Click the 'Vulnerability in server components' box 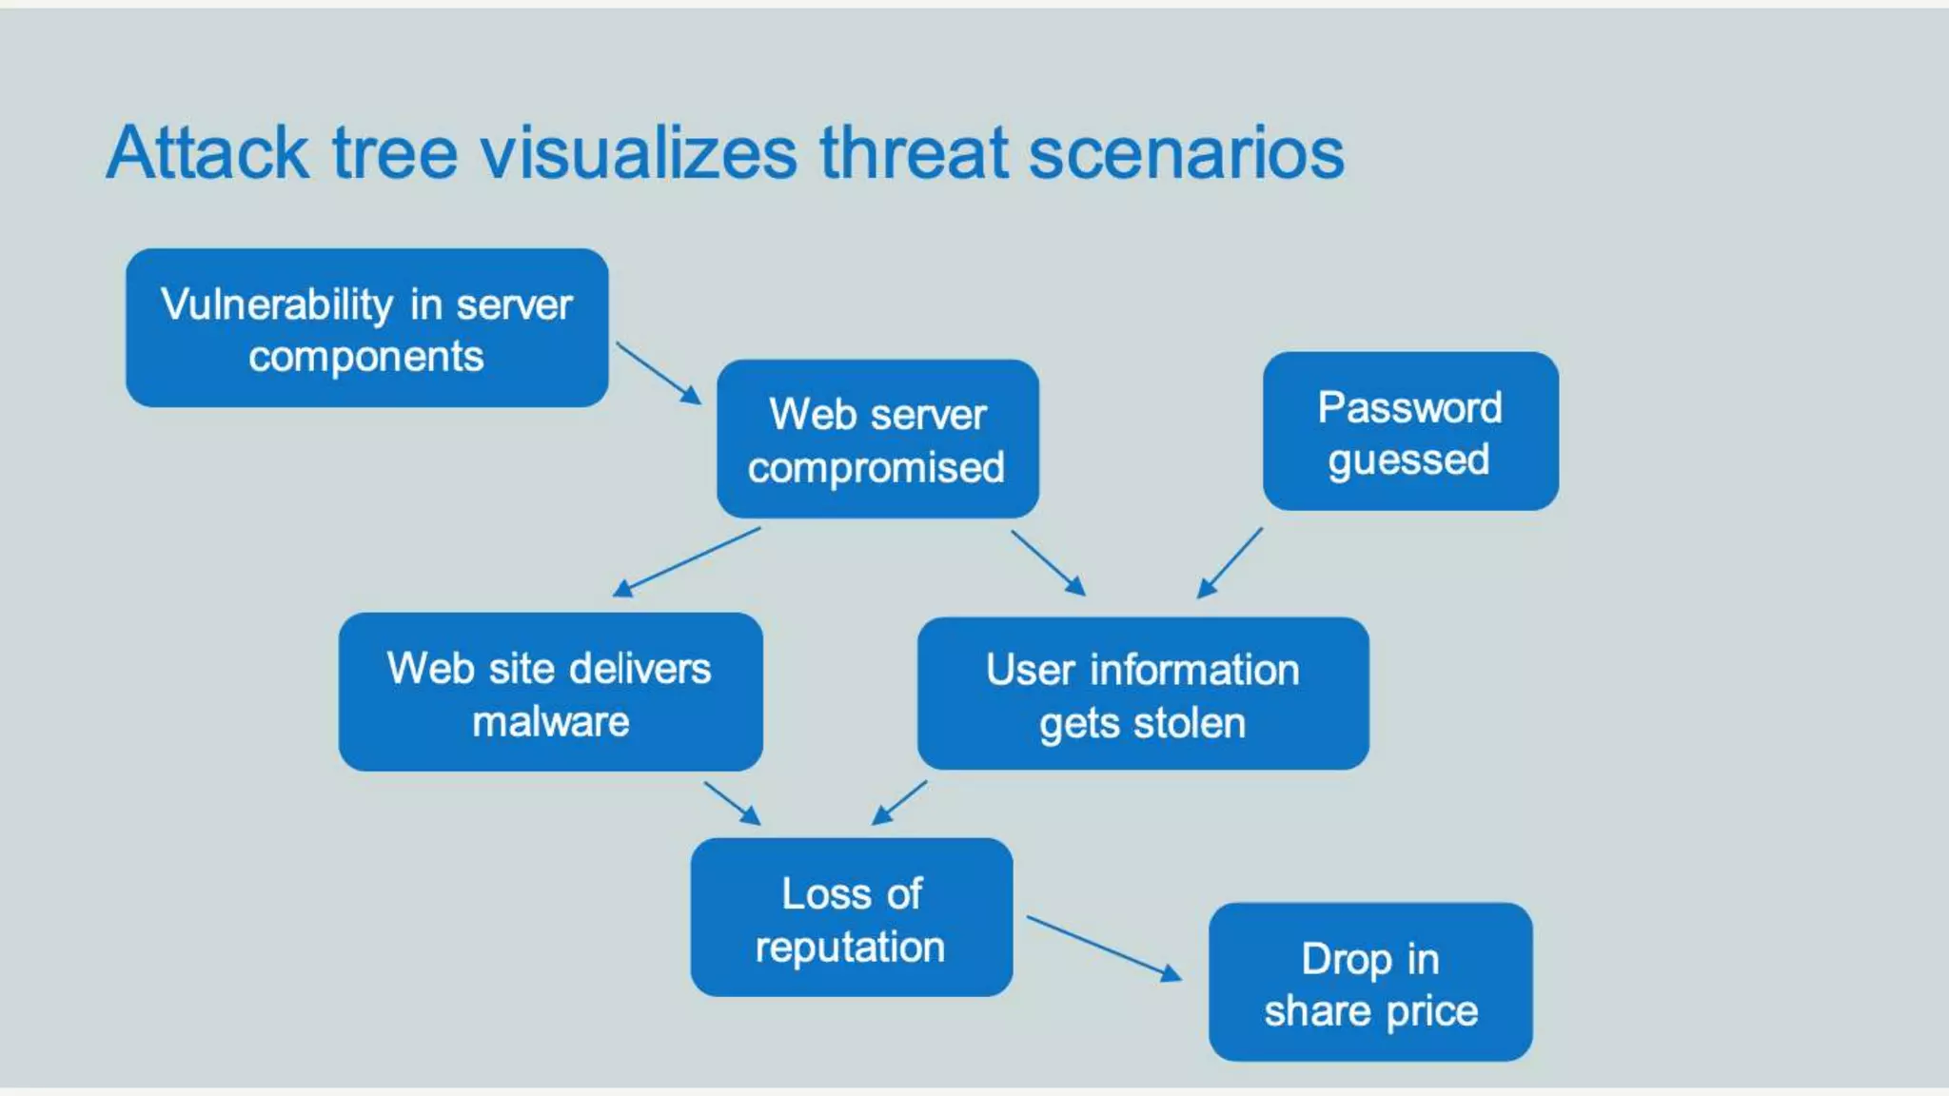tap(366, 328)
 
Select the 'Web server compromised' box tap(877, 439)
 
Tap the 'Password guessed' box tap(1410, 431)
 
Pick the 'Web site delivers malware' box tap(550, 692)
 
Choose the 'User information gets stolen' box tap(1143, 694)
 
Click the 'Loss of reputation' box tap(852, 917)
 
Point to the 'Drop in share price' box tap(1370, 982)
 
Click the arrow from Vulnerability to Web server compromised tap(659, 373)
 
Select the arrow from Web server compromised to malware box tap(687, 562)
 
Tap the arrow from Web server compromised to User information tap(1048, 562)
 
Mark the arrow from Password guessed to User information tap(1230, 563)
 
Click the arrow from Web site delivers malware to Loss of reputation tap(732, 803)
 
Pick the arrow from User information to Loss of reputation tap(899, 802)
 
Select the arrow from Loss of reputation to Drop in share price tap(1104, 948)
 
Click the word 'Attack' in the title tap(207, 152)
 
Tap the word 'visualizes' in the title tap(639, 152)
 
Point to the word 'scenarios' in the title tap(1186, 152)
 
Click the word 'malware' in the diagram tap(551, 721)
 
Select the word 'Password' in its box tap(1410, 407)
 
